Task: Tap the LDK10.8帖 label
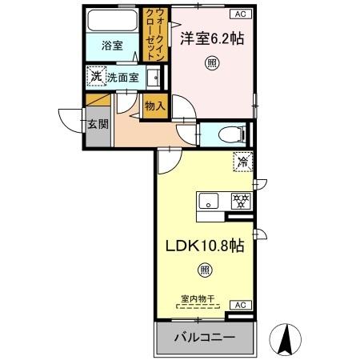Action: [204, 246]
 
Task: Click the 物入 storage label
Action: [155, 104]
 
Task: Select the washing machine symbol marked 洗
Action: [96, 77]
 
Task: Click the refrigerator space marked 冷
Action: [242, 162]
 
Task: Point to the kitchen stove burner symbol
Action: [239, 200]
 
